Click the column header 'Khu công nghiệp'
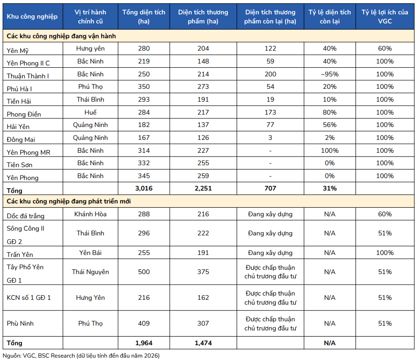(32, 17)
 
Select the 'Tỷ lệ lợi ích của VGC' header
(385, 17)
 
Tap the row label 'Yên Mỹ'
(18, 51)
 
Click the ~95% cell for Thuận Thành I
(330, 74)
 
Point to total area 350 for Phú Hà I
(144, 86)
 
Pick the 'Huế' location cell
(90, 112)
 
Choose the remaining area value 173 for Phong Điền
(270, 112)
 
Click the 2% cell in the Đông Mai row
(330, 138)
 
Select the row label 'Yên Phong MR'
(28, 152)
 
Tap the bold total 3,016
(144, 189)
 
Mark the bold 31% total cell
(330, 188)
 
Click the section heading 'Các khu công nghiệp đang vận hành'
(61, 36)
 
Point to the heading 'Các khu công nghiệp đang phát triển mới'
(69, 201)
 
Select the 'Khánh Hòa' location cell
(90, 214)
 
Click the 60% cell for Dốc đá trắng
(385, 214)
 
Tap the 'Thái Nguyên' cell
(90, 272)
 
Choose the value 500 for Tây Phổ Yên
(144, 272)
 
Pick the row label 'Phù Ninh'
(20, 323)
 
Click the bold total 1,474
(203, 343)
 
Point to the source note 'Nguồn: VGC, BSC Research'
(39, 356)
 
